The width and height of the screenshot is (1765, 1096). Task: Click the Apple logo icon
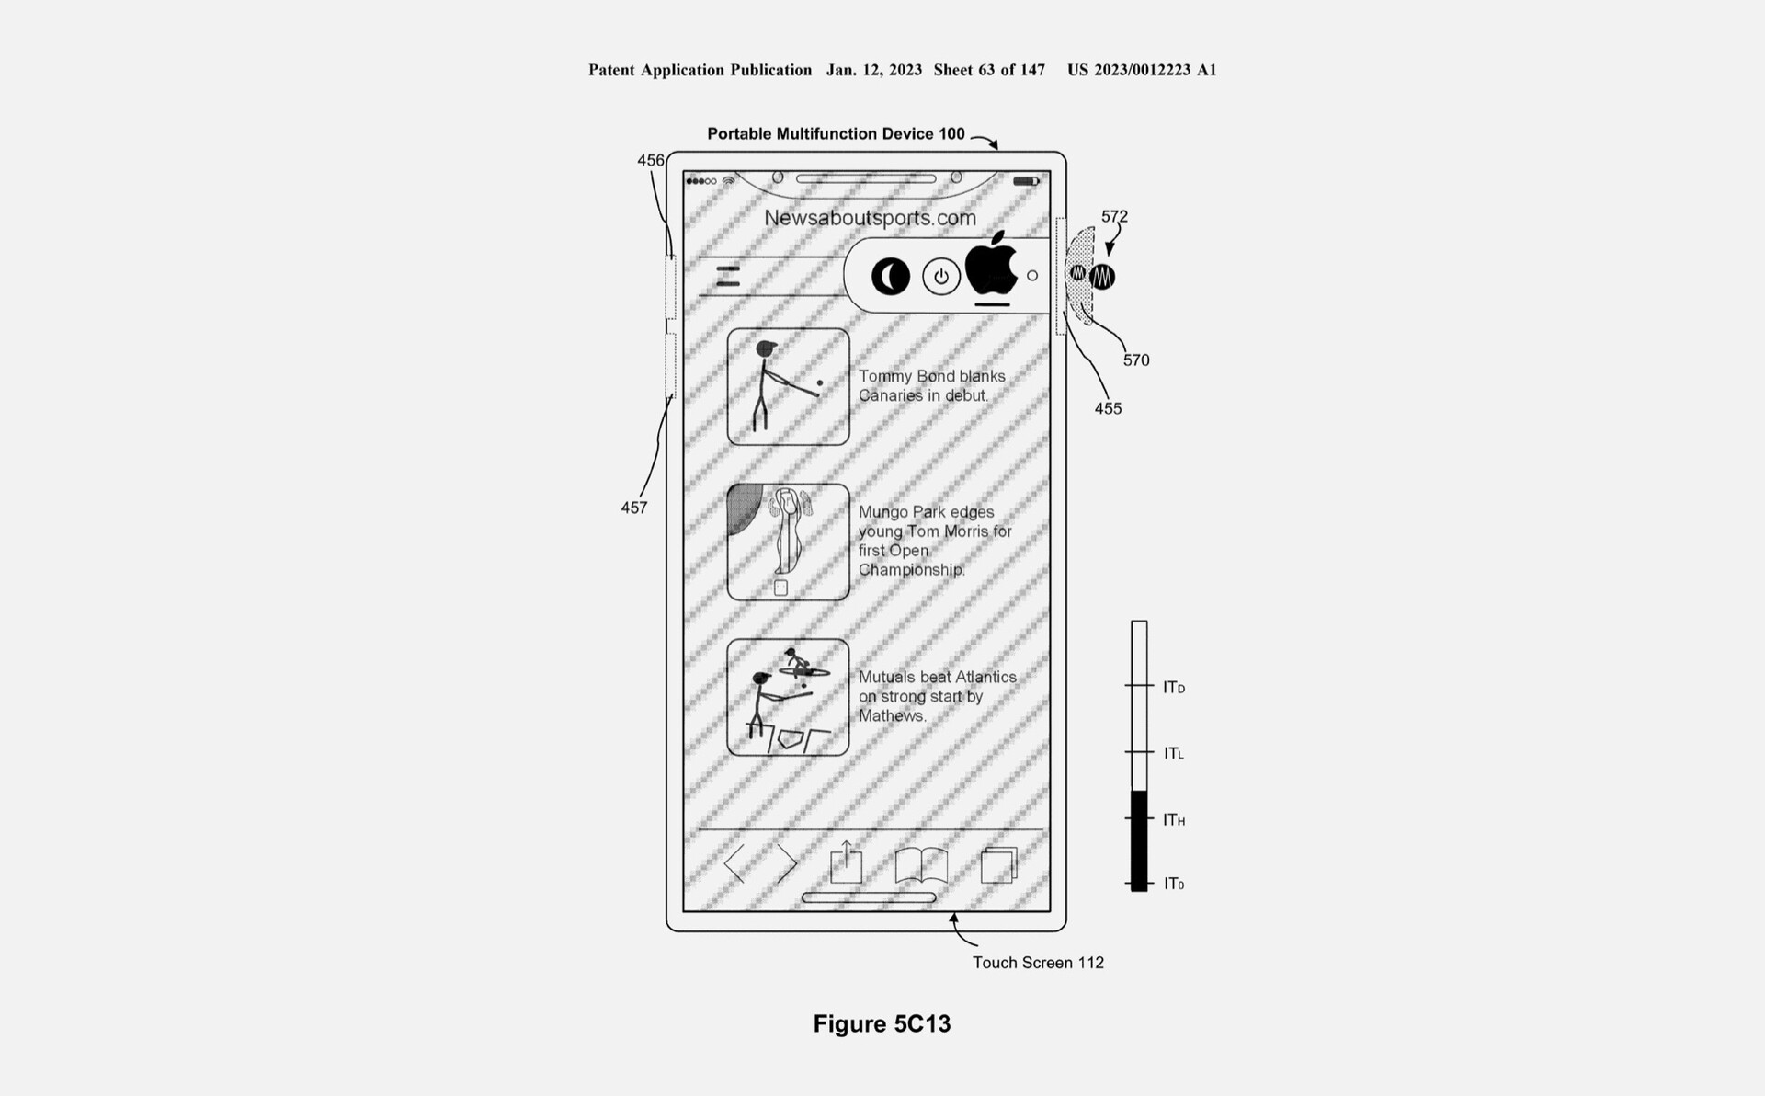pyautogui.click(x=991, y=266)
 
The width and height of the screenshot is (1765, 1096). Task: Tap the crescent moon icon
pyautogui.click(x=890, y=276)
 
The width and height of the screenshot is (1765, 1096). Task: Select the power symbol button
pyautogui.click(x=940, y=276)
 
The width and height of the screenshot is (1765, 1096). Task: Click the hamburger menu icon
pyautogui.click(x=728, y=276)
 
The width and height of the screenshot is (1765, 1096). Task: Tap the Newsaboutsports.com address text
pyautogui.click(x=870, y=218)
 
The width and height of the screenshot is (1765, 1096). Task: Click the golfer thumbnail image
pyautogui.click(x=788, y=542)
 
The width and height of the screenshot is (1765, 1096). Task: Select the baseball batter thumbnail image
pyautogui.click(x=788, y=386)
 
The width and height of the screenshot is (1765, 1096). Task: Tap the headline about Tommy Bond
pyautogui.click(x=931, y=386)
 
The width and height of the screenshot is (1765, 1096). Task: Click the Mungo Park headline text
pyautogui.click(x=934, y=541)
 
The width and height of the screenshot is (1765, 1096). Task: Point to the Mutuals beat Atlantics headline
pyautogui.click(x=937, y=696)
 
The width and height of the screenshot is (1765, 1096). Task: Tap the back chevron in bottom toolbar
pyautogui.click(x=735, y=864)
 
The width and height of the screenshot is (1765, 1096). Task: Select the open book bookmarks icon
pyautogui.click(x=921, y=865)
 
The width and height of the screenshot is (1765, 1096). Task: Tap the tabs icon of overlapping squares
pyautogui.click(x=998, y=865)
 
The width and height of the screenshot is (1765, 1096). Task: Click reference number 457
pyautogui.click(x=633, y=508)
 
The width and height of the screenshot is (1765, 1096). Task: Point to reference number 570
pyautogui.click(x=1136, y=360)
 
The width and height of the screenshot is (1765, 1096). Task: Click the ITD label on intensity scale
pyautogui.click(x=1174, y=688)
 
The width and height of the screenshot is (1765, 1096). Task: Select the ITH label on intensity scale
pyautogui.click(x=1174, y=820)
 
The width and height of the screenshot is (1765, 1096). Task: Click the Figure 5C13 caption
pyautogui.click(x=882, y=1024)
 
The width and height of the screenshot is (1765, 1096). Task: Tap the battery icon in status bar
pyautogui.click(x=1026, y=181)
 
